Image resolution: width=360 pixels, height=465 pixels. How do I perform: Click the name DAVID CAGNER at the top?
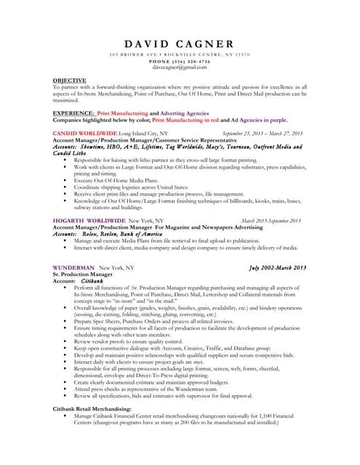pyautogui.click(x=179, y=44)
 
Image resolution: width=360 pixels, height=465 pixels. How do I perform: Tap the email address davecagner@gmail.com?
pyautogui.click(x=179, y=68)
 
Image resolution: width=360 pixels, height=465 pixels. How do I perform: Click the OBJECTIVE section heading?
pyautogui.click(x=70, y=80)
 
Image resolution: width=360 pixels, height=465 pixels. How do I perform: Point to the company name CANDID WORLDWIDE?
pyautogui.click(x=85, y=134)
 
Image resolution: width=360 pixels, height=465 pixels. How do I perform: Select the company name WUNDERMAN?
pyautogui.click(x=74, y=267)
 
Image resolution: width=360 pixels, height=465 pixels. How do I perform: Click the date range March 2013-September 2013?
pyautogui.click(x=271, y=220)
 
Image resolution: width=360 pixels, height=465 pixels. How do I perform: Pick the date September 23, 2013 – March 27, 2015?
pyautogui.click(x=262, y=134)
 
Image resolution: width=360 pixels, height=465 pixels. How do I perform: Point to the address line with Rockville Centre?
pyautogui.click(x=179, y=55)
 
